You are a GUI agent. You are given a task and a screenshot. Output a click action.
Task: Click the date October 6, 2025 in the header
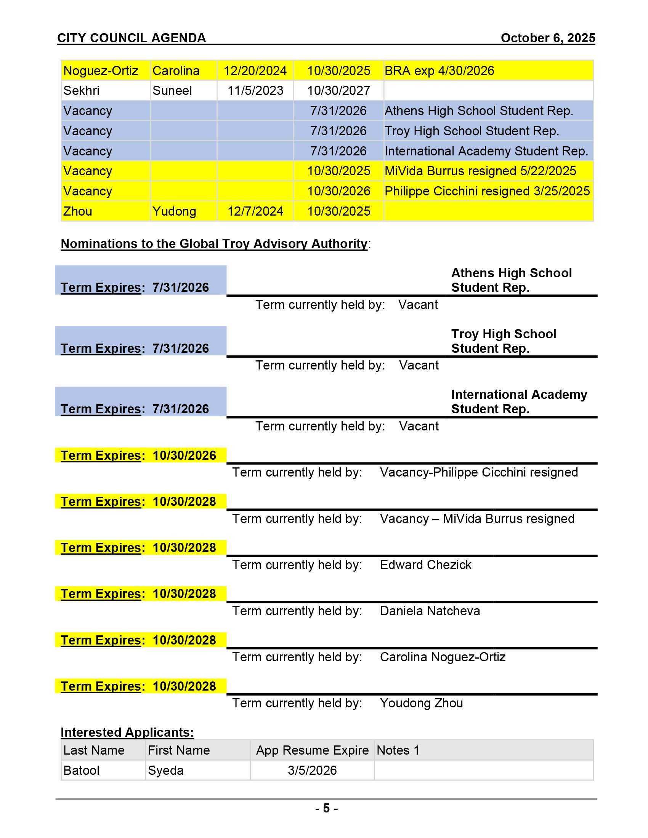(x=547, y=38)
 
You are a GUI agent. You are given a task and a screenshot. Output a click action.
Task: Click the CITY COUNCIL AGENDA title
(x=132, y=38)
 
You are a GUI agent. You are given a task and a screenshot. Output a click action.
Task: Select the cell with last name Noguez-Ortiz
(x=101, y=71)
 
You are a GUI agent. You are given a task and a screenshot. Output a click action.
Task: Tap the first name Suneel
(x=172, y=91)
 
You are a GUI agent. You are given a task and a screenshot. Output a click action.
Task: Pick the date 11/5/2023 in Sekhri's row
(x=255, y=91)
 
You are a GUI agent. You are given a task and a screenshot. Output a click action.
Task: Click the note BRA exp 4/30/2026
(x=439, y=71)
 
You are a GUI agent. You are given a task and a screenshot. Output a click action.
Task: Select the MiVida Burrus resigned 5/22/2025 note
(x=480, y=171)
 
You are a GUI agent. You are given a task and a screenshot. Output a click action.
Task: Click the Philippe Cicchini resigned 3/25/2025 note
(x=487, y=191)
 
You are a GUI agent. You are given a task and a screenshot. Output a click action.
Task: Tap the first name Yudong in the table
(x=174, y=211)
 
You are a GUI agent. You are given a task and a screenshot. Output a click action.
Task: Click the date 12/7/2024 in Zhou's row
(x=255, y=211)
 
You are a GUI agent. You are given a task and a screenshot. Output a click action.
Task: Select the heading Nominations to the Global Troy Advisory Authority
(x=214, y=244)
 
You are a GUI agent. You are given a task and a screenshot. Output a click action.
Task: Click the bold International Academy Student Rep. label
(x=519, y=402)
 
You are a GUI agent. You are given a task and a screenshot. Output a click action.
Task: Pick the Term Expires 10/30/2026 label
(x=139, y=456)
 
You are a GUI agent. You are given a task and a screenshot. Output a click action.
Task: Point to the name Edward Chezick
(x=425, y=565)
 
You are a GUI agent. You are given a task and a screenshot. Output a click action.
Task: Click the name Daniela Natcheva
(x=430, y=611)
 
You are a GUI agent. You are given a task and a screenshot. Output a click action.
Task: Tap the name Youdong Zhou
(x=421, y=703)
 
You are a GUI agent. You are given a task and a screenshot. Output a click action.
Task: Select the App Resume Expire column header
(x=312, y=750)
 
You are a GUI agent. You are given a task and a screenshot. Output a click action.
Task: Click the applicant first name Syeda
(x=165, y=771)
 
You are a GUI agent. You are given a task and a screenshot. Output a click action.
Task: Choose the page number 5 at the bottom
(x=326, y=808)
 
